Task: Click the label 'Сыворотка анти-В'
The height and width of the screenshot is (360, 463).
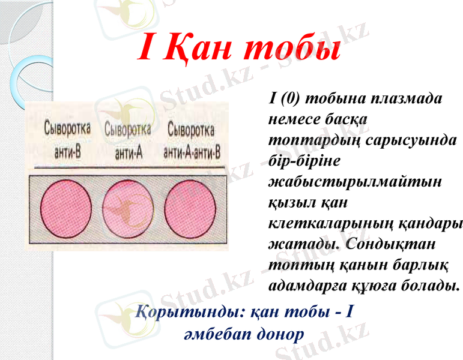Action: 67,139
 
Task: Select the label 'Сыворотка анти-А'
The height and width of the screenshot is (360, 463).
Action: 127,139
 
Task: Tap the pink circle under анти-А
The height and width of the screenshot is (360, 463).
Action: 128,203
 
